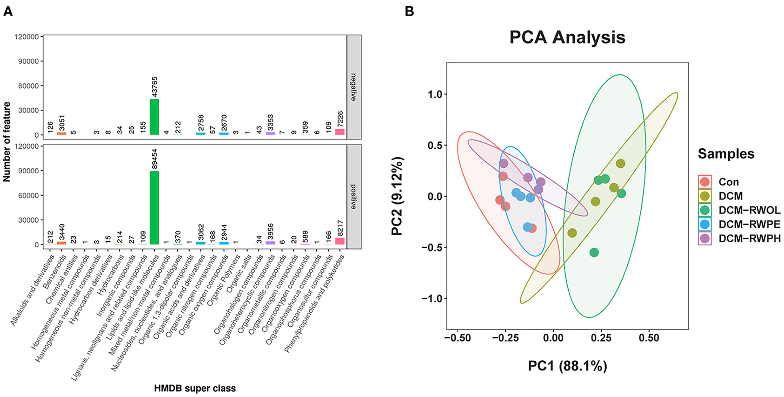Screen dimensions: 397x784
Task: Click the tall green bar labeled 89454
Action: (x=154, y=208)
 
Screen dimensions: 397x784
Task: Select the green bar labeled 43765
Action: (x=154, y=117)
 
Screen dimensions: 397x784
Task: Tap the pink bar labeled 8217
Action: (x=340, y=241)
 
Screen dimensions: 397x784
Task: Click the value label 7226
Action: (x=340, y=119)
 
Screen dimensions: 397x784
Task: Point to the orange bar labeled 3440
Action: (x=62, y=243)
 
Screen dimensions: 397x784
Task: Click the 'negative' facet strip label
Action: (x=354, y=87)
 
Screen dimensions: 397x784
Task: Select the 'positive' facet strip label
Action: (x=354, y=197)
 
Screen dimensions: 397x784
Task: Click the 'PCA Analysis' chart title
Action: (x=567, y=37)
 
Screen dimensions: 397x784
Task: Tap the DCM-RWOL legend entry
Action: (x=749, y=210)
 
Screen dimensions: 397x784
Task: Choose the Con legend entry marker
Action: (x=704, y=182)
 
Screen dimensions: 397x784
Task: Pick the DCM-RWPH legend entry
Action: (x=749, y=239)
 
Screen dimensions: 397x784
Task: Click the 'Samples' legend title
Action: (x=726, y=154)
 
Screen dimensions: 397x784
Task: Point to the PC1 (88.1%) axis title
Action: (x=567, y=366)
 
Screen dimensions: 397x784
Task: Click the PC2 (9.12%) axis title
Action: (x=397, y=196)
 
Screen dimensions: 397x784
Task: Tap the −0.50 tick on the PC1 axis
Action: (x=457, y=338)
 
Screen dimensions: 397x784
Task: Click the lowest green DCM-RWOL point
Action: (x=594, y=252)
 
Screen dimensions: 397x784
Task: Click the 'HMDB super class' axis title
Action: (x=195, y=389)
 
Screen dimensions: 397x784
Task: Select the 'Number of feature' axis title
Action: (x=7, y=142)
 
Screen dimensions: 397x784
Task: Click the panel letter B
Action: (x=409, y=12)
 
